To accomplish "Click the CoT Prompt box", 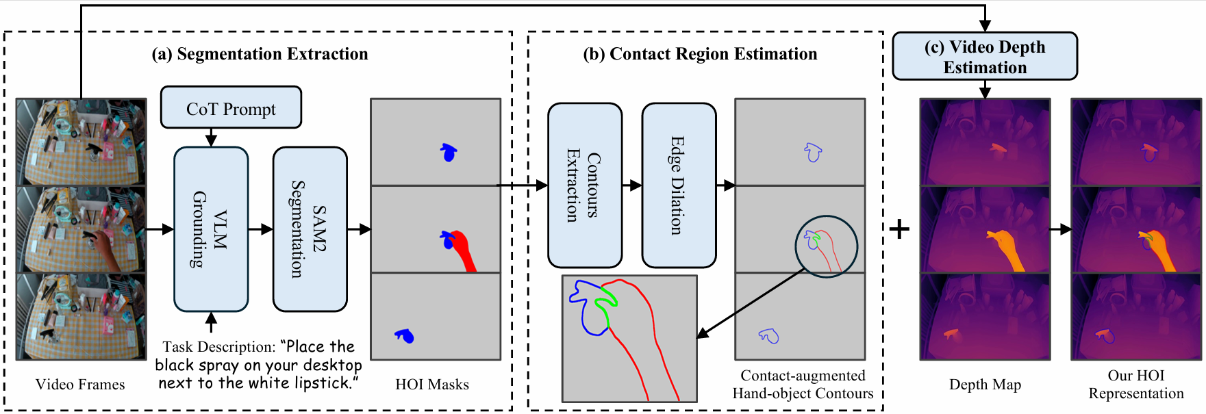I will pyautogui.click(x=231, y=107).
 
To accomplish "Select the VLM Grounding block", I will pyautogui.click(x=210, y=229).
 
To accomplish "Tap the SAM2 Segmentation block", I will pyautogui.click(x=310, y=229).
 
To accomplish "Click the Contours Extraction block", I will pyautogui.click(x=584, y=185).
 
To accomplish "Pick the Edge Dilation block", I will pyautogui.click(x=678, y=185).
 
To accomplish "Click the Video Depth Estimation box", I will pyautogui.click(x=984, y=57).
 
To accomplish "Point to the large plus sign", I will pyautogui.click(x=899, y=229).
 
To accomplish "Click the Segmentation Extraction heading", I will pyautogui.click(x=260, y=54).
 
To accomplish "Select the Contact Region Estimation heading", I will pyautogui.click(x=700, y=54).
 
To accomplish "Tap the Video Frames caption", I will pyautogui.click(x=80, y=385).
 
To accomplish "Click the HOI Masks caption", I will pyautogui.click(x=432, y=385).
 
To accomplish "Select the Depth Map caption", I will pyautogui.click(x=985, y=385).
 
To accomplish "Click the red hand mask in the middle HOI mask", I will pyautogui.click(x=466, y=254).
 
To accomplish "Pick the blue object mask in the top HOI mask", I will pyautogui.click(x=449, y=153).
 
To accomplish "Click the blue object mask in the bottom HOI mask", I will pyautogui.click(x=405, y=335).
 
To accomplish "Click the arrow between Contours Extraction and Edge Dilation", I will pyautogui.click(x=631, y=185).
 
